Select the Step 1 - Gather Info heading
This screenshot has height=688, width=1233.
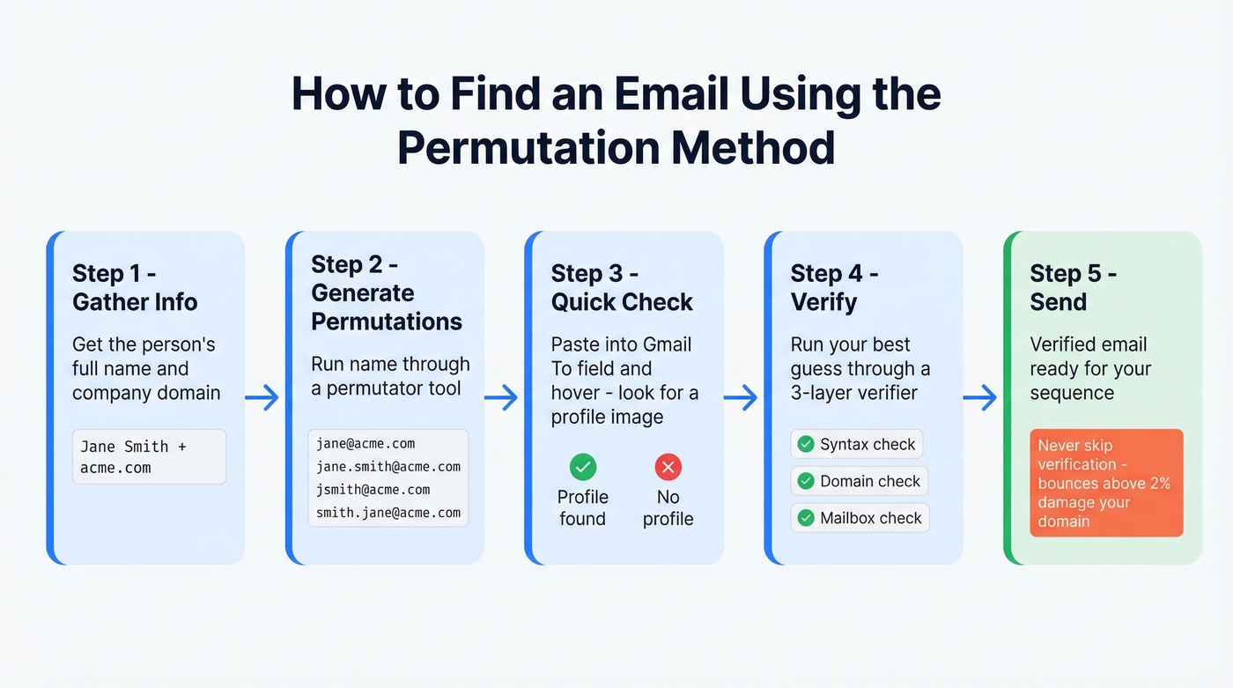point(135,287)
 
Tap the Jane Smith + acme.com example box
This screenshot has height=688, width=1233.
point(148,456)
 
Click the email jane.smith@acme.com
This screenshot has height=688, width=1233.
point(388,466)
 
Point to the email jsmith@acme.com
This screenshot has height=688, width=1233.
point(373,489)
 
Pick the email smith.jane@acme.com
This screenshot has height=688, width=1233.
point(388,512)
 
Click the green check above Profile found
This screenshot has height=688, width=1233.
point(582,466)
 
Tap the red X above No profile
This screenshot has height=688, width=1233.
point(668,466)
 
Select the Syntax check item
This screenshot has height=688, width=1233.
point(857,444)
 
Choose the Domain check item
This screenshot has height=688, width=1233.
point(859,481)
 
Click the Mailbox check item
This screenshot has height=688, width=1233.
point(860,518)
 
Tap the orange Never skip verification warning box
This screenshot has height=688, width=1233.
point(1106,483)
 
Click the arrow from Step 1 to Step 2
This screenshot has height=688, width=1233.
point(262,398)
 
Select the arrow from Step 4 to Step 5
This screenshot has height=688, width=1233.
point(979,398)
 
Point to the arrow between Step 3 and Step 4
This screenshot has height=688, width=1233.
point(741,398)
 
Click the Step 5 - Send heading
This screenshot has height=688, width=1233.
point(1073,287)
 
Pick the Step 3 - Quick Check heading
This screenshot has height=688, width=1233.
point(622,287)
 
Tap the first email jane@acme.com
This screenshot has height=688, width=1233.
point(365,443)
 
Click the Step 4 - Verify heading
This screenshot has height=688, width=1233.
point(834,287)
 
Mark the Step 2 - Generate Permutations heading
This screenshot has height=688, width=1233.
point(387,292)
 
